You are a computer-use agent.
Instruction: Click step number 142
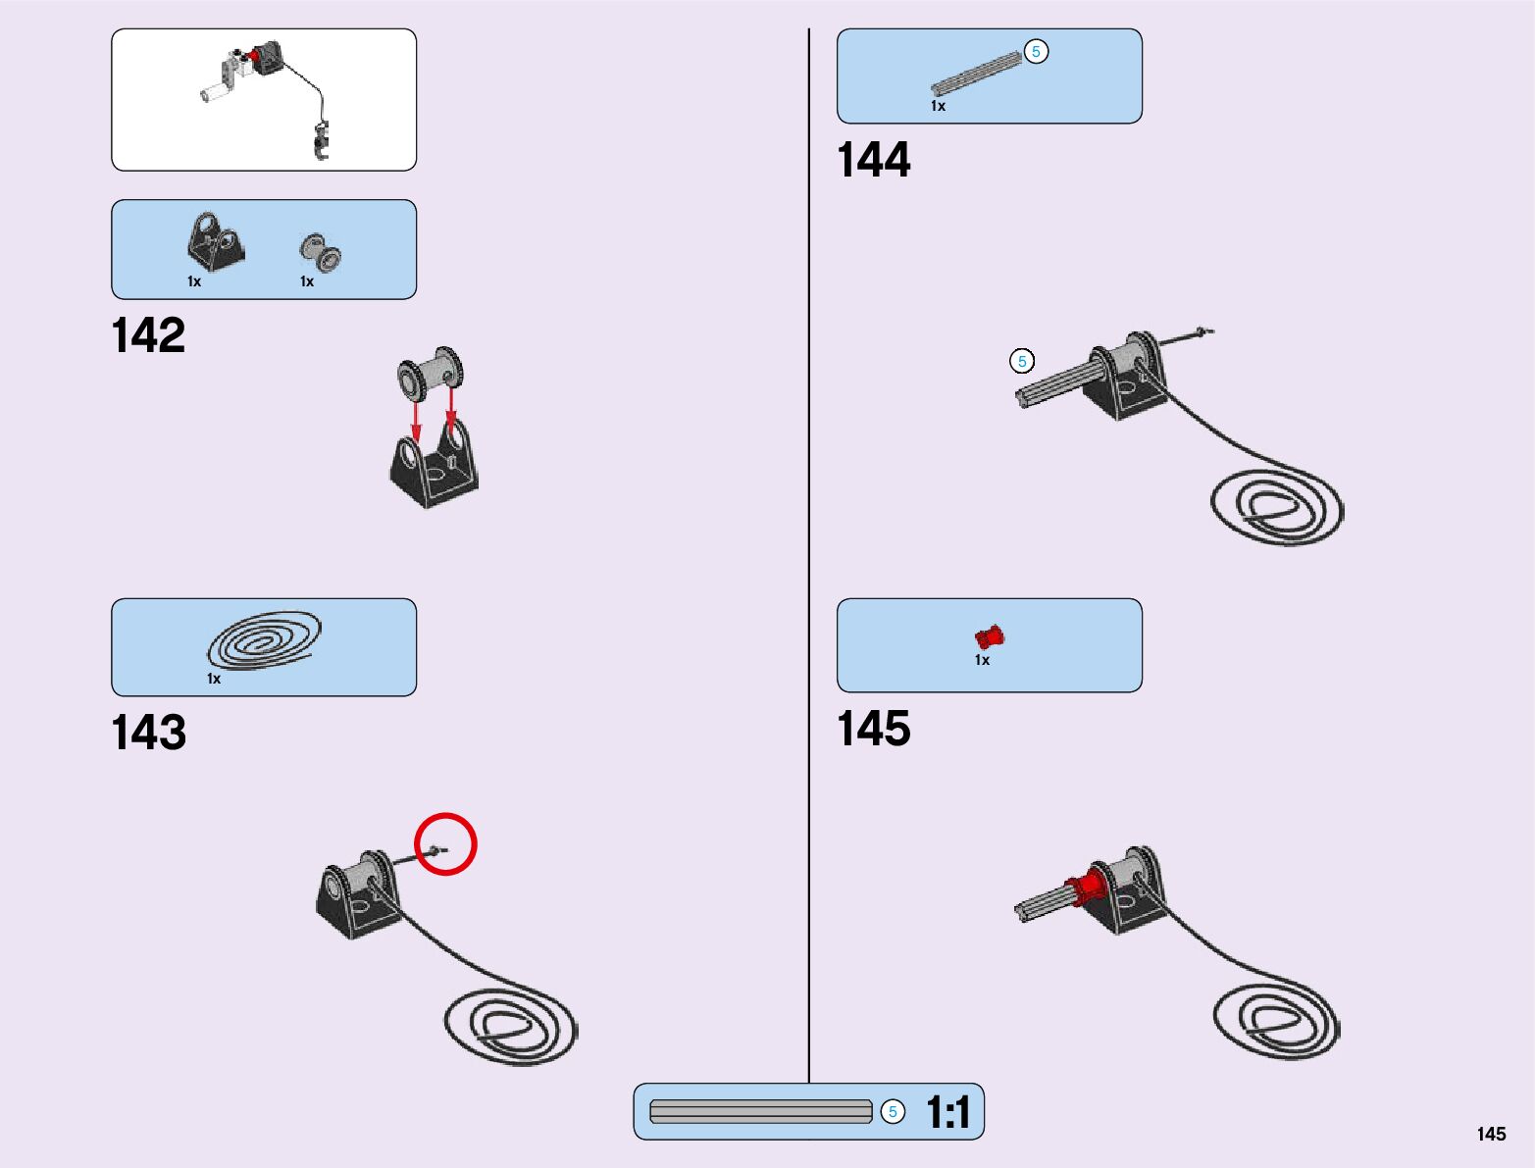(x=148, y=335)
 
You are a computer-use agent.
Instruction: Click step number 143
(x=148, y=733)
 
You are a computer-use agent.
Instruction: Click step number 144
(x=873, y=160)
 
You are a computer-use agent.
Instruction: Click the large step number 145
(x=873, y=729)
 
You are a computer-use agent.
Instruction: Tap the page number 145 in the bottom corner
(x=1491, y=1134)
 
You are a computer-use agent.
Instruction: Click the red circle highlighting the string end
(x=445, y=843)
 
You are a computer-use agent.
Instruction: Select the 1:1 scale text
(x=947, y=1112)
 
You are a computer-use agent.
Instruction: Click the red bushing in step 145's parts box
(x=990, y=636)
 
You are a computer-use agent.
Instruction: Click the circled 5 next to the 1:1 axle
(x=893, y=1111)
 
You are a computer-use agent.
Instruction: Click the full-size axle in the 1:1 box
(x=760, y=1112)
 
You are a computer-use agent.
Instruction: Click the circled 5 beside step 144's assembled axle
(x=1022, y=362)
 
